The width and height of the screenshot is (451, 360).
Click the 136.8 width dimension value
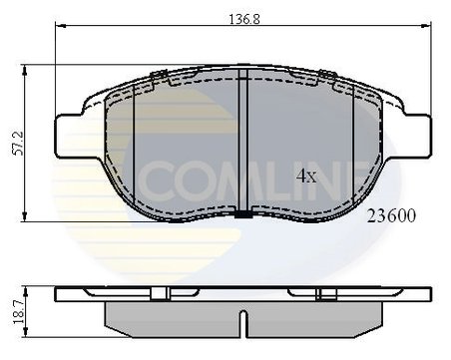[x=244, y=19]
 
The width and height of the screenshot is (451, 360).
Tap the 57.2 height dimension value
[x=17, y=144]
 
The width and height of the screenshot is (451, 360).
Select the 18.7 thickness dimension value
[x=17, y=312]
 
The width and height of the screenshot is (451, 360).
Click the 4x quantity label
[x=306, y=177]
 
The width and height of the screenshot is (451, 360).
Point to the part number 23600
[x=391, y=216]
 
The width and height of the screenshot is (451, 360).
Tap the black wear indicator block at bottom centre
[x=243, y=215]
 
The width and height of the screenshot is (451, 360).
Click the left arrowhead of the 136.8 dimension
[x=59, y=26]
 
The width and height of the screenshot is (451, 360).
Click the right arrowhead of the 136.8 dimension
[x=426, y=26]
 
